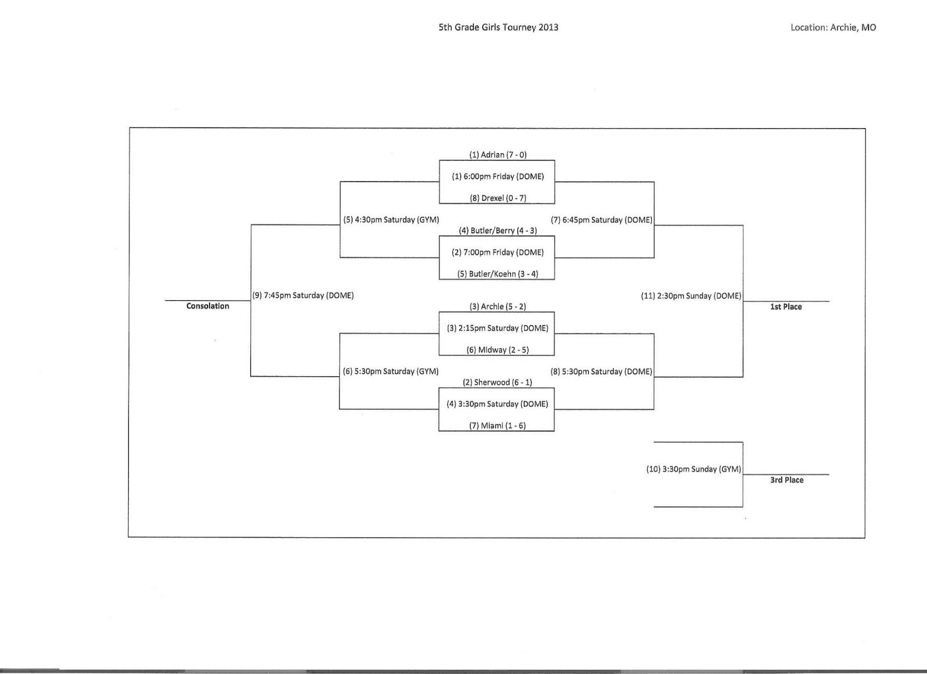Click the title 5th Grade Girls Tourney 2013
click(x=498, y=27)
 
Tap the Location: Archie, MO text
click(x=833, y=27)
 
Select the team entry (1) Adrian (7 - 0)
click(x=498, y=155)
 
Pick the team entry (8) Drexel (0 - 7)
click(x=498, y=198)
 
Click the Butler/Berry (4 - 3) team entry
click(x=498, y=231)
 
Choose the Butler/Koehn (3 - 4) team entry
click(x=498, y=274)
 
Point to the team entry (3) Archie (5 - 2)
click(x=498, y=307)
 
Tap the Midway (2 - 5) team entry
click(x=498, y=350)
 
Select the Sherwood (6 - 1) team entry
click(x=497, y=382)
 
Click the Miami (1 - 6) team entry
click(x=497, y=426)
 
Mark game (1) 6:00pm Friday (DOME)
click(x=498, y=177)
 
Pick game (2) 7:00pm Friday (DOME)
click(x=498, y=253)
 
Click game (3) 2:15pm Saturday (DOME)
click(x=497, y=329)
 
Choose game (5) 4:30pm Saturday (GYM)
click(x=391, y=220)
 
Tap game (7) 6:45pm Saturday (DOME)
click(x=601, y=220)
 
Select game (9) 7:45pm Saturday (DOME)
click(x=303, y=296)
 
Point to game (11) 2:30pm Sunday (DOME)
click(x=691, y=296)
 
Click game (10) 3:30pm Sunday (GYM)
click(x=694, y=469)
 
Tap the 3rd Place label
click(x=786, y=480)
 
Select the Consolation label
click(x=207, y=307)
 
